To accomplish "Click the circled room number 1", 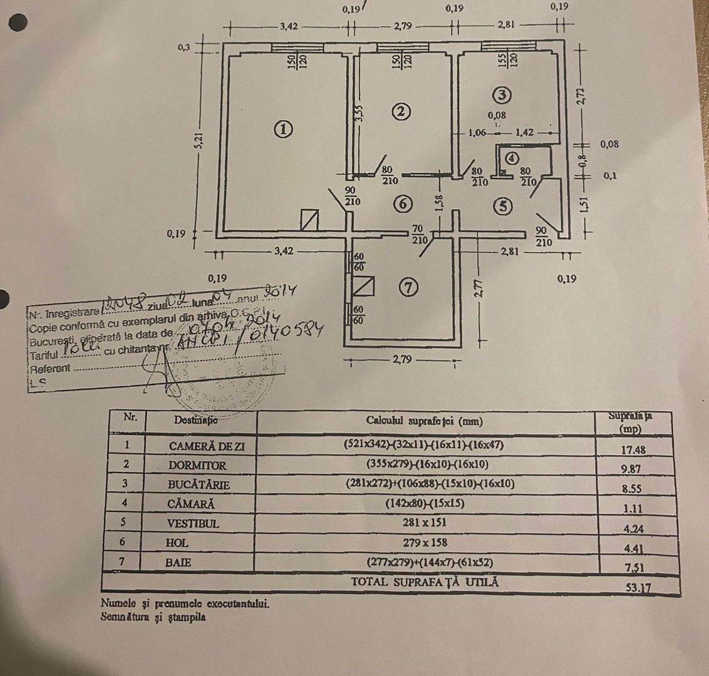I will [x=283, y=130].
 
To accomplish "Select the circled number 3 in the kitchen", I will [x=502, y=95].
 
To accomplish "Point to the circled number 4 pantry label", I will [x=513, y=158].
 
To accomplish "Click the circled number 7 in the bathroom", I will [x=408, y=287].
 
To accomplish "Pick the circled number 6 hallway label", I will [x=403, y=203].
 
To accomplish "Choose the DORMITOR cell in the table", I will [x=197, y=466].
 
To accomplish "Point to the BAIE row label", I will [x=179, y=563].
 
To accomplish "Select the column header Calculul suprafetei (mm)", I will [x=425, y=421].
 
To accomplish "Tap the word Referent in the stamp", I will [x=50, y=369].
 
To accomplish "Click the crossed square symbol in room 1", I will [x=310, y=219].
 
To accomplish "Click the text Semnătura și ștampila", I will [x=153, y=617].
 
